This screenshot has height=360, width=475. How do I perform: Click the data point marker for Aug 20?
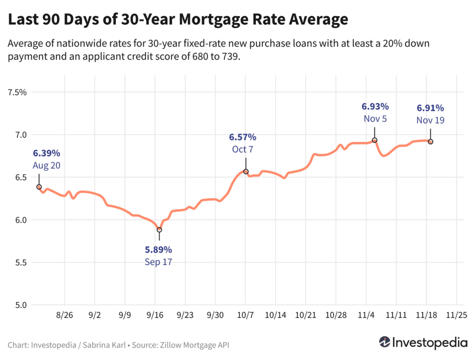(x=39, y=187)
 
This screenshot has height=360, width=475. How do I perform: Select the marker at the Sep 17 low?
(x=159, y=230)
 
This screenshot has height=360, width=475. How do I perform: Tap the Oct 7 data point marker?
(x=246, y=172)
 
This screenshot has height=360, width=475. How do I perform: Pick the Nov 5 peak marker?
(x=374, y=140)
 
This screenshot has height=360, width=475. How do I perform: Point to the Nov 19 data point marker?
(x=430, y=141)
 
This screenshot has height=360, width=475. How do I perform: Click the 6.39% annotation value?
(x=46, y=153)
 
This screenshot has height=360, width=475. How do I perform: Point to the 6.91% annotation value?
(x=430, y=108)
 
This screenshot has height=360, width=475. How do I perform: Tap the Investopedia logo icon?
(x=385, y=343)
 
